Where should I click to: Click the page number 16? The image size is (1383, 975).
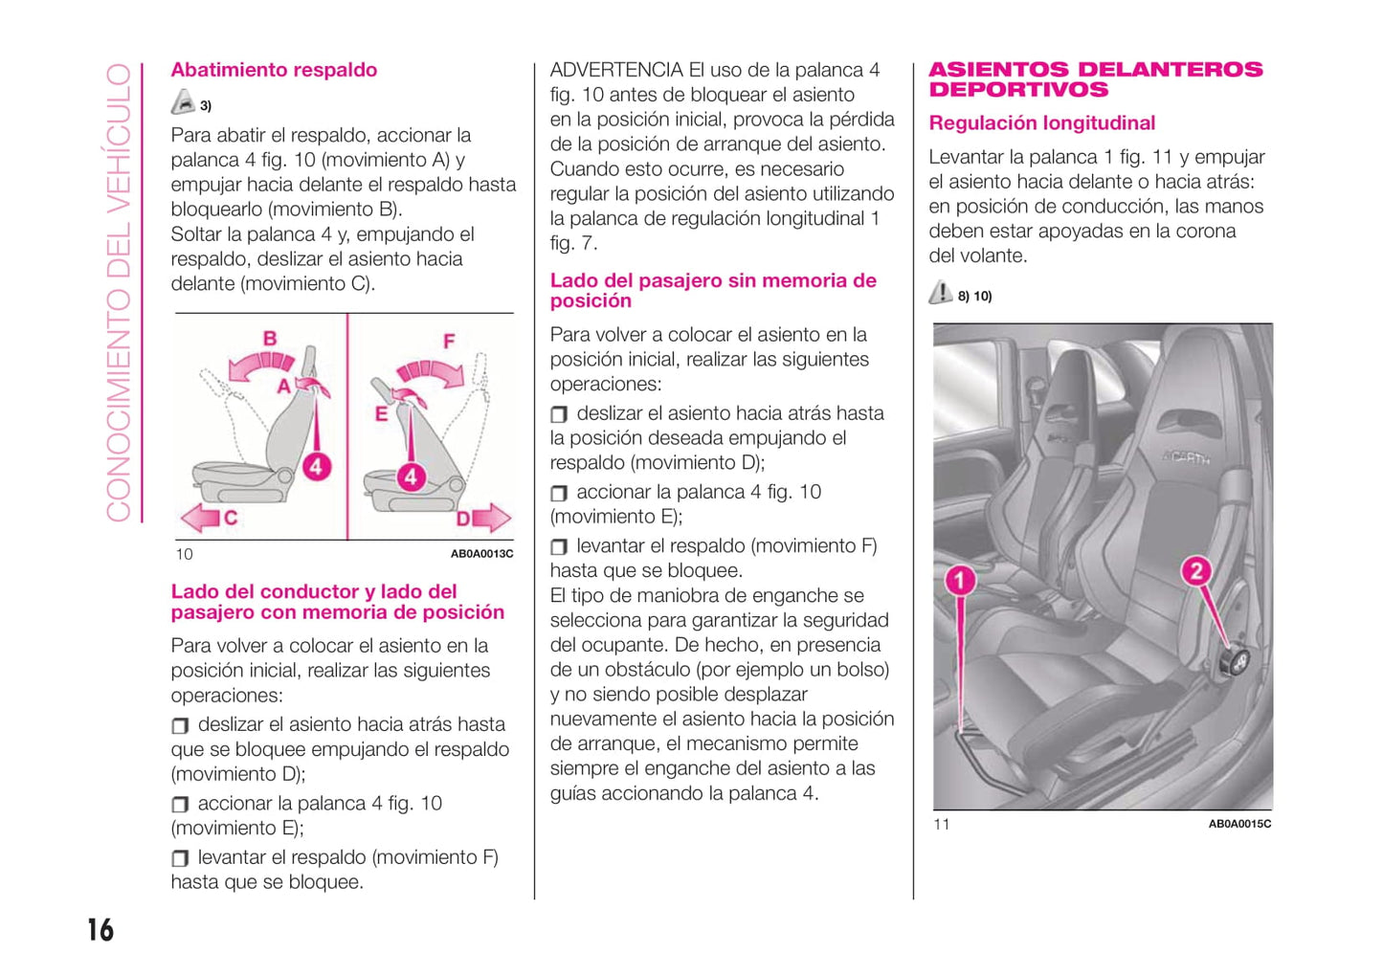click(100, 929)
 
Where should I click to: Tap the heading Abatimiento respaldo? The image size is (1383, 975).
click(274, 70)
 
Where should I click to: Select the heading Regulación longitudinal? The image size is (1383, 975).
click(1041, 123)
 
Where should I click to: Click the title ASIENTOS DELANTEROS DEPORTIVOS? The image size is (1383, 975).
click(1095, 79)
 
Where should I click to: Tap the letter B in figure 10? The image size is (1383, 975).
click(270, 338)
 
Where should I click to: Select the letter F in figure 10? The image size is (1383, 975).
click(449, 341)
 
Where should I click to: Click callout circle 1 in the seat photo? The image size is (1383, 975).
click(960, 580)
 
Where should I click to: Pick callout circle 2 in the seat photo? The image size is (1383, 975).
click(1195, 572)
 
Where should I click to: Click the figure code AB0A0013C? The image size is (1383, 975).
click(481, 554)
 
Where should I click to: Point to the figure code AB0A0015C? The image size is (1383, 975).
click(1239, 824)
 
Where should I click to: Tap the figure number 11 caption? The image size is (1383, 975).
click(942, 824)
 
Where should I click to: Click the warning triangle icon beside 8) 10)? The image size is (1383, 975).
click(941, 293)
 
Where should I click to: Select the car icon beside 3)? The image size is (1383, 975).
click(183, 102)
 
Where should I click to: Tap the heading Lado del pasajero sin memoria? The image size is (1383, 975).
click(713, 290)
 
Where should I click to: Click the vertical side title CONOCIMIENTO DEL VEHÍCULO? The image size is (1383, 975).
click(118, 292)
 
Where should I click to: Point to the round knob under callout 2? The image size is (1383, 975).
click(1236, 660)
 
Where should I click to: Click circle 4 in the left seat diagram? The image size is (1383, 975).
click(316, 467)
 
